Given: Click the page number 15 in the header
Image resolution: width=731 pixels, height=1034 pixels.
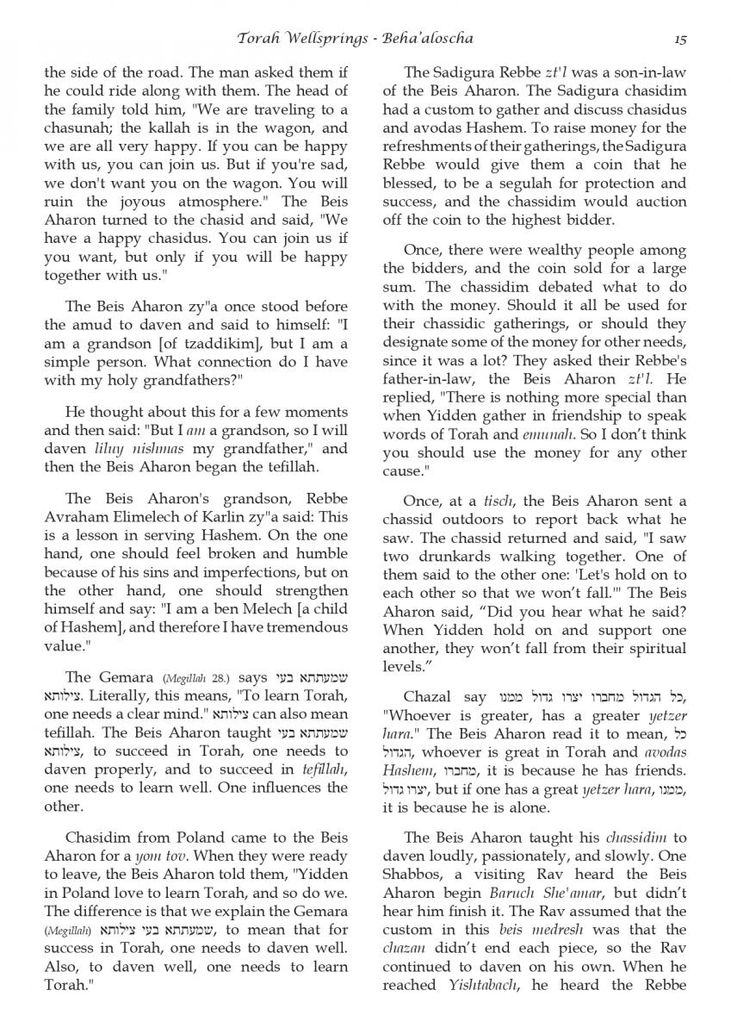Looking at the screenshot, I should (680, 39).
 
